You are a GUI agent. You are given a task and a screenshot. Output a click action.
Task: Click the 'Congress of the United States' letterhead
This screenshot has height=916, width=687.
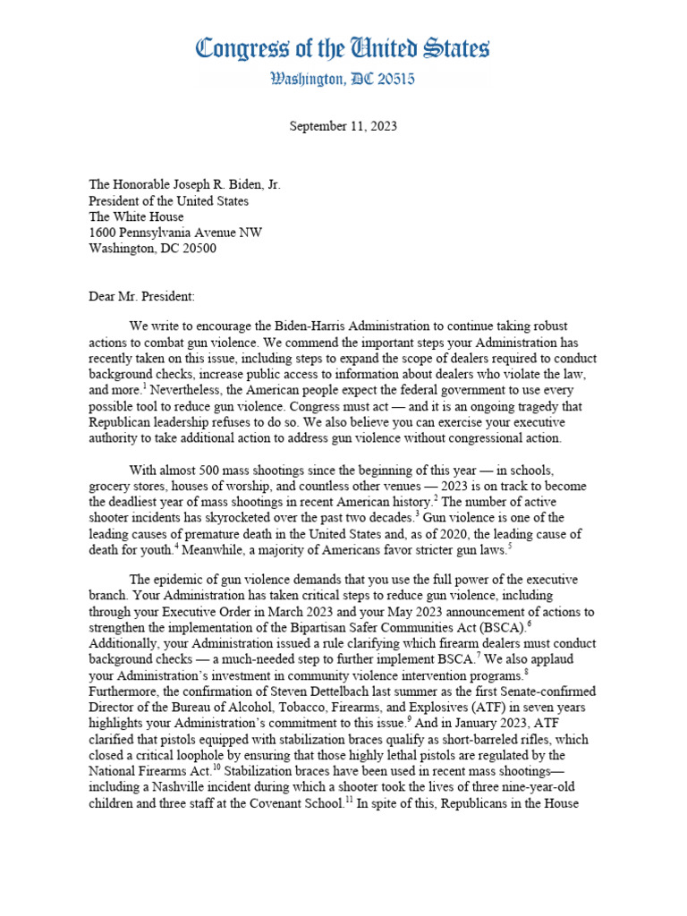click(x=343, y=47)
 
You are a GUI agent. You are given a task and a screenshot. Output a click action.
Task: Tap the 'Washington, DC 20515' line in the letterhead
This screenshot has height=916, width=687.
click(x=343, y=80)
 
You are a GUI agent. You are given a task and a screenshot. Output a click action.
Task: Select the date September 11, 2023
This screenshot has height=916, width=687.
click(x=343, y=126)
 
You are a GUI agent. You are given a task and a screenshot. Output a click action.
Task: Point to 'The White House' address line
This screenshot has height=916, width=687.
click(x=136, y=216)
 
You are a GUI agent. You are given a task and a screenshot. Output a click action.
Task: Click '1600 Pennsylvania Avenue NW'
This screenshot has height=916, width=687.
click(x=175, y=233)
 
